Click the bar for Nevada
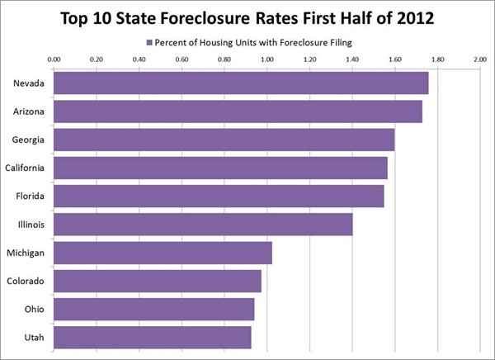241,83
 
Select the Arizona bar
238,111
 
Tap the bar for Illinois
203,224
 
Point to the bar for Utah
153,337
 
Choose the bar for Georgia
224,140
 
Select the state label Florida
29,197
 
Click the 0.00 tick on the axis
54,59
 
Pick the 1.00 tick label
267,59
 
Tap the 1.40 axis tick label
352,59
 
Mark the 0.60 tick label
182,59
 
